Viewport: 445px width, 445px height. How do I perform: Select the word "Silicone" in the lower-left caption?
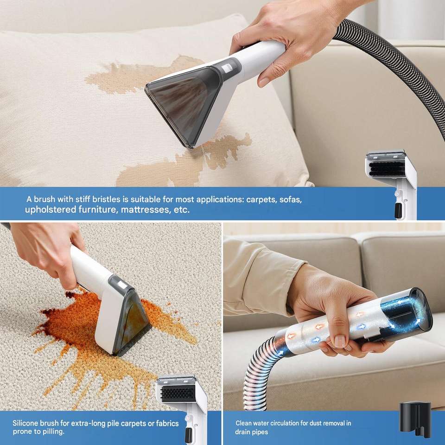25,423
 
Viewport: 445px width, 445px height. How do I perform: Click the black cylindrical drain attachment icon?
415,419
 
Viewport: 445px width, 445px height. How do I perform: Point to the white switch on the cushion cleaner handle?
227,68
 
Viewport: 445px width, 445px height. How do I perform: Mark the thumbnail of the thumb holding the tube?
340,341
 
